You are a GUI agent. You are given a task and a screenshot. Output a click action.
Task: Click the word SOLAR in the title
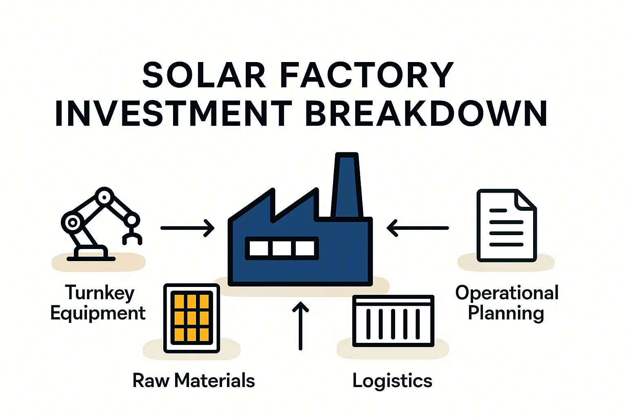coord(204,76)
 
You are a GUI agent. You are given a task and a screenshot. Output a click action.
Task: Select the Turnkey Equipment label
coord(98,303)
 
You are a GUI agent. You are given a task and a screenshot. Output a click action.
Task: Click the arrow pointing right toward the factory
coord(187,228)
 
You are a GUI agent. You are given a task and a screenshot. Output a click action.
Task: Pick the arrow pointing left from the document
coord(418,228)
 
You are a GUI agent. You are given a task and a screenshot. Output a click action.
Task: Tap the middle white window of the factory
coord(282,248)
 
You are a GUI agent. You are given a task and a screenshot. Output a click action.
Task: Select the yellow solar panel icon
coord(191,318)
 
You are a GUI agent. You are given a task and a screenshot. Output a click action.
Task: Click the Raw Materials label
coord(193,380)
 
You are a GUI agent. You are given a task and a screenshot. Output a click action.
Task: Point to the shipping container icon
coord(393,321)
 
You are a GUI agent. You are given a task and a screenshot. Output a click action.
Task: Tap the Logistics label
coord(392,381)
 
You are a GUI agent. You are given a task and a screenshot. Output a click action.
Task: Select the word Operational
coord(507,293)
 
